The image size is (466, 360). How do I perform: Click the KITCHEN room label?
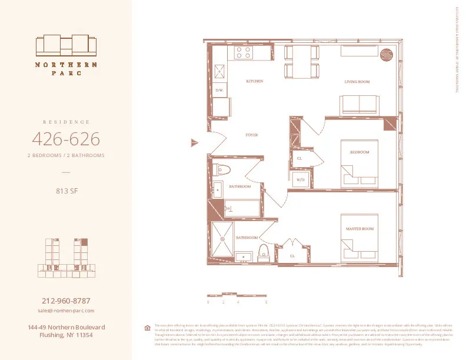click(x=254, y=81)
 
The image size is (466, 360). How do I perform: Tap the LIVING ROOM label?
click(x=357, y=82)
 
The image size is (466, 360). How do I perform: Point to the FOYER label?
click(x=252, y=135)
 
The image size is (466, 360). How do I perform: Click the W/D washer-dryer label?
click(x=300, y=179)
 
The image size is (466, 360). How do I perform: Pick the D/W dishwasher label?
click(x=219, y=91)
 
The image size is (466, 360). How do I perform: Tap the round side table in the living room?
click(x=388, y=53)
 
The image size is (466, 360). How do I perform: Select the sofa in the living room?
click(x=358, y=105)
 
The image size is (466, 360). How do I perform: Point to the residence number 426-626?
click(x=66, y=139)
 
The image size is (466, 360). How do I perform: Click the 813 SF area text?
click(x=66, y=190)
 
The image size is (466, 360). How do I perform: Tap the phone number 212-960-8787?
click(x=66, y=300)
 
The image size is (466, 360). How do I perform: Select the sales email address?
click(x=66, y=310)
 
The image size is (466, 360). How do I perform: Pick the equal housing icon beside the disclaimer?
click(x=147, y=328)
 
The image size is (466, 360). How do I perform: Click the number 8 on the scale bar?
click(x=267, y=302)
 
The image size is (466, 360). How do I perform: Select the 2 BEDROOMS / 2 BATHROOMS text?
click(x=66, y=155)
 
